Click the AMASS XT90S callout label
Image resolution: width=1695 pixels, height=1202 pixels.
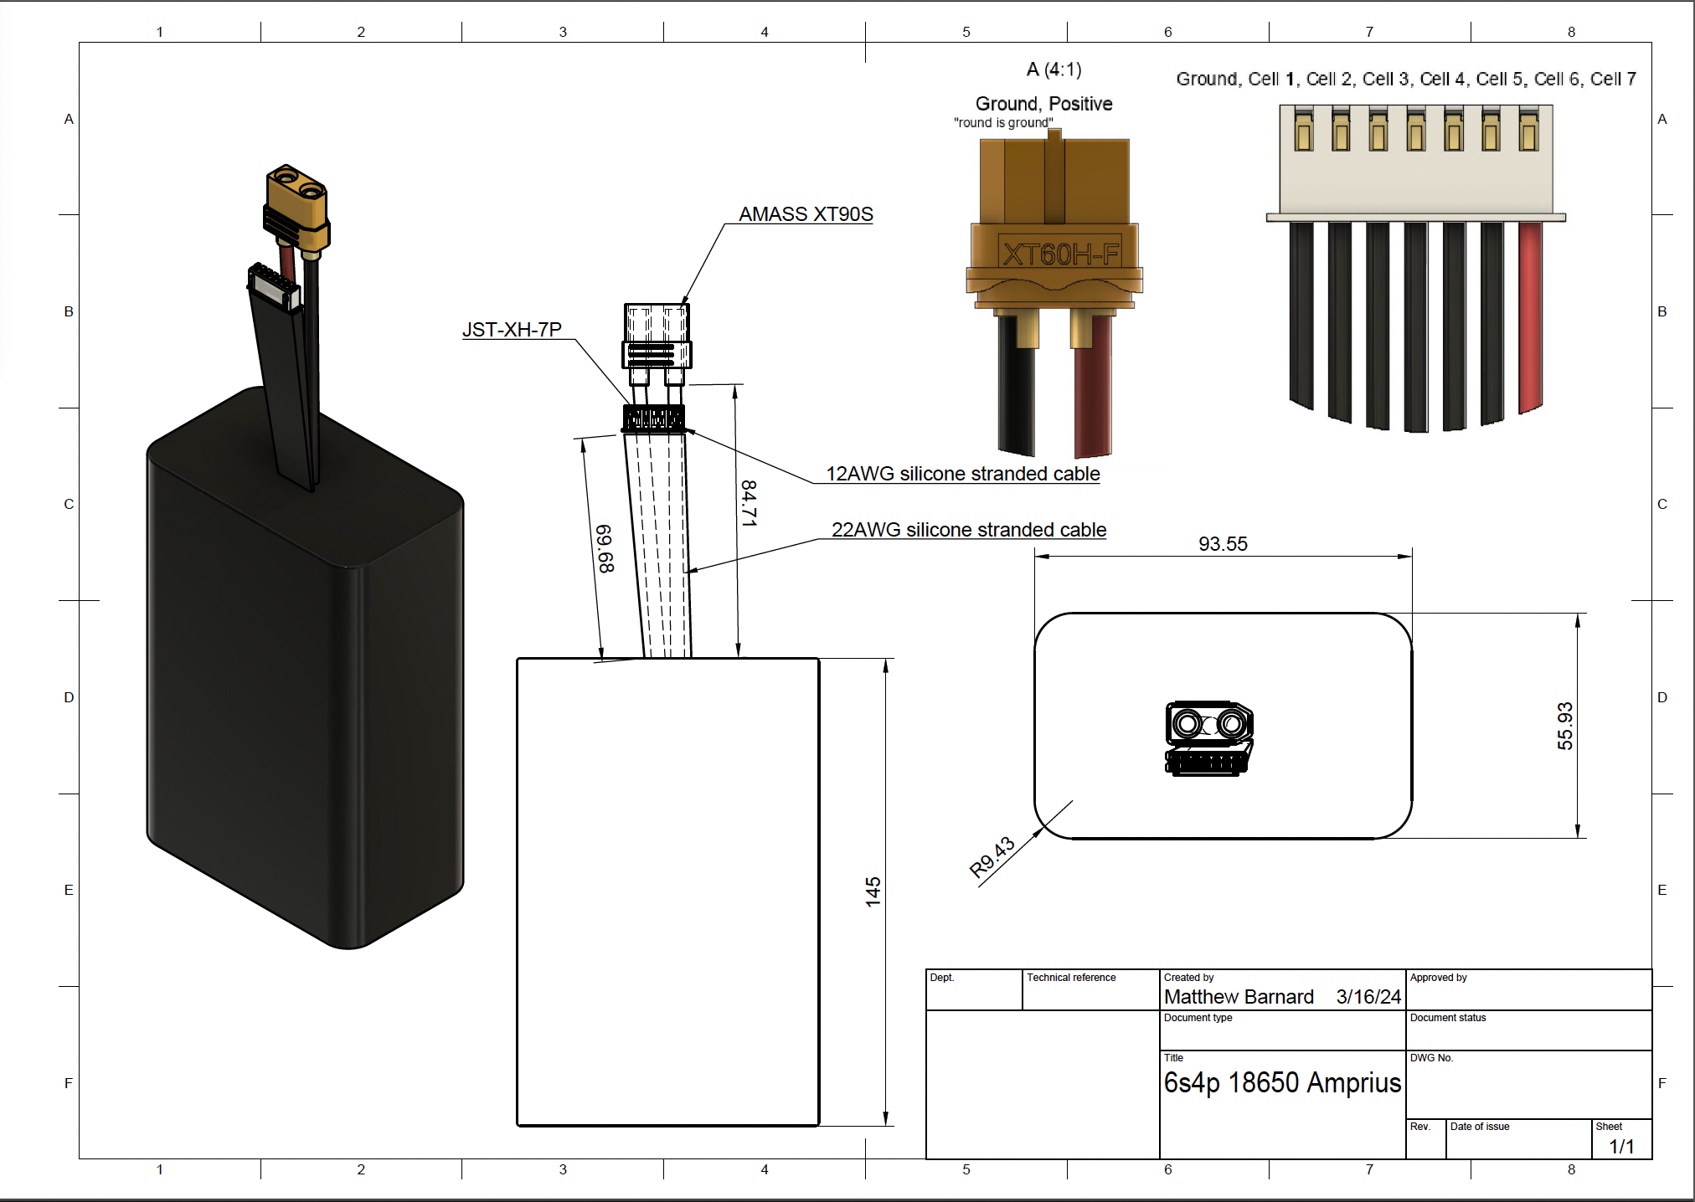click(x=806, y=214)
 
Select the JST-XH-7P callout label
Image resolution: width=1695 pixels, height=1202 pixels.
click(x=512, y=330)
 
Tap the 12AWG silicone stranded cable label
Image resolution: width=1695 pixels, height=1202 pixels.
click(x=962, y=474)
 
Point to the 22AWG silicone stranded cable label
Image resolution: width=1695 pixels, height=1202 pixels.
click(x=968, y=530)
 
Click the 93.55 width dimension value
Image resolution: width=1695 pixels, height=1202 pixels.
click(x=1223, y=544)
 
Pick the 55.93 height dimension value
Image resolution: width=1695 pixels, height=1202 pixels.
click(x=1564, y=726)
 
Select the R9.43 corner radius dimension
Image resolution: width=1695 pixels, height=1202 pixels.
click(x=992, y=856)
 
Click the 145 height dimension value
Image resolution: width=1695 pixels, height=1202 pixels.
click(x=873, y=892)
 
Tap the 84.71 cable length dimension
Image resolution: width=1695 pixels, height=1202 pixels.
click(x=749, y=503)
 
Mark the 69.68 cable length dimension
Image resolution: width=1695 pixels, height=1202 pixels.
click(x=605, y=549)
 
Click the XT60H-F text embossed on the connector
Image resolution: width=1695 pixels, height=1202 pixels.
click(x=1060, y=254)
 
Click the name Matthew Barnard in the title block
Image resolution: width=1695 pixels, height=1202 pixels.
click(x=1238, y=997)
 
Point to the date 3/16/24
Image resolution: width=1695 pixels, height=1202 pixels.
click(x=1368, y=997)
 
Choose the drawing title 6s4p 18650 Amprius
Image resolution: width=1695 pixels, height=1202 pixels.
click(x=1281, y=1083)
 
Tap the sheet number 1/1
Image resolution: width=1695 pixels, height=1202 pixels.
click(x=1621, y=1147)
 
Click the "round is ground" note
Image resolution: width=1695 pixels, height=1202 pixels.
click(x=1003, y=123)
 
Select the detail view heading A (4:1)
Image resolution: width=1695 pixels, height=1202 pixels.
click(x=1054, y=69)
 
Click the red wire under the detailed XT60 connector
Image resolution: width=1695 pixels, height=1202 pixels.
click(x=1093, y=402)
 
